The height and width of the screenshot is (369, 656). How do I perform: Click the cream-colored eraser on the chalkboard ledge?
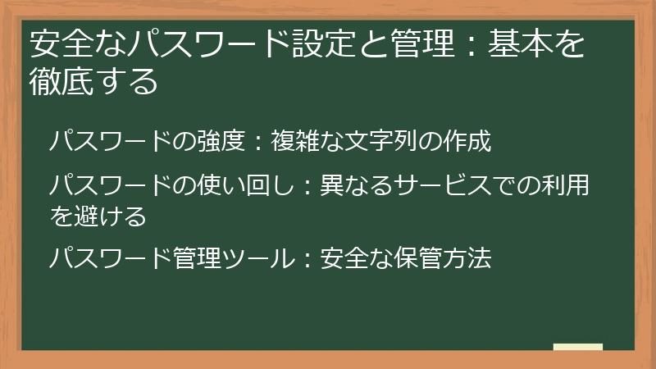coord(578,347)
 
